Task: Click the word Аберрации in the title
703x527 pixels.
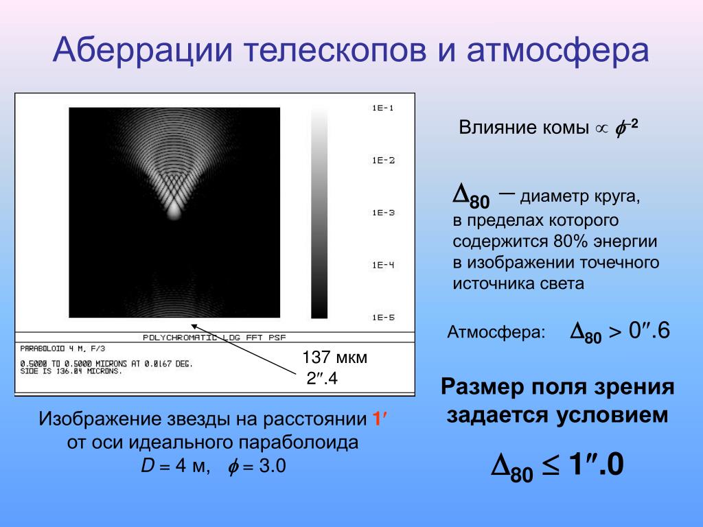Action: click(143, 49)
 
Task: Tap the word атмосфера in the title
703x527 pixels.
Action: click(557, 49)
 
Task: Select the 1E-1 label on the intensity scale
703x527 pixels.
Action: click(383, 108)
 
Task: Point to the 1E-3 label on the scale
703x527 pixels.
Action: click(383, 213)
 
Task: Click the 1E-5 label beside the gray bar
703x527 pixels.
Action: click(383, 317)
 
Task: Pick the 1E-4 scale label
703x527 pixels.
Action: click(383, 265)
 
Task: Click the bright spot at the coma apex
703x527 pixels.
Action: click(174, 211)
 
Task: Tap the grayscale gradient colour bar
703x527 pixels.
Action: click(319, 213)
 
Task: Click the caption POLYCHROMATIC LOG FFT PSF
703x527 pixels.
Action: click(214, 338)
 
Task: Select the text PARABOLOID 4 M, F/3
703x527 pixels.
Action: click(62, 348)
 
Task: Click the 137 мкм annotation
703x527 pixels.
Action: click(334, 357)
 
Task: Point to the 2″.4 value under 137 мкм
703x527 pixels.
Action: click(322, 379)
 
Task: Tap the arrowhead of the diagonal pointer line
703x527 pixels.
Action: click(193, 325)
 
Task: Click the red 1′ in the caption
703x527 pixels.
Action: click(379, 419)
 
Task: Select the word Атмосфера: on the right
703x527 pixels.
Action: click(496, 332)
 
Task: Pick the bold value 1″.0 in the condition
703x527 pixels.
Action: click(597, 464)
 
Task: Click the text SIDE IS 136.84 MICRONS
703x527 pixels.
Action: click(71, 371)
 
